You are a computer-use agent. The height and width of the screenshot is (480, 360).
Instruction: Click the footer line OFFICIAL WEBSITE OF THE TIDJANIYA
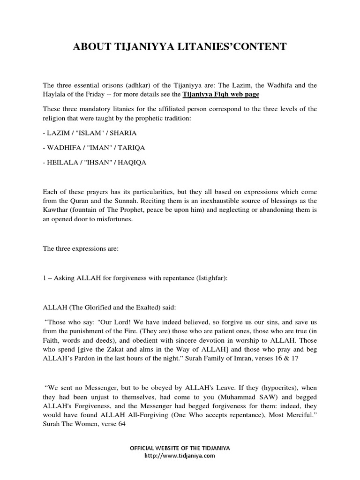coord(180,448)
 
